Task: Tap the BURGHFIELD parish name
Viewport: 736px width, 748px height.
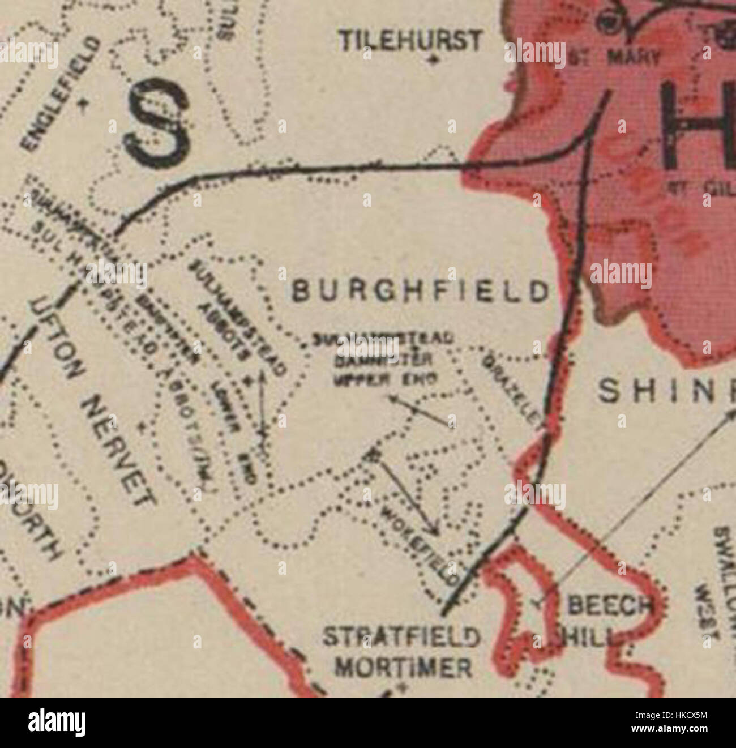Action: [x=420, y=292]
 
